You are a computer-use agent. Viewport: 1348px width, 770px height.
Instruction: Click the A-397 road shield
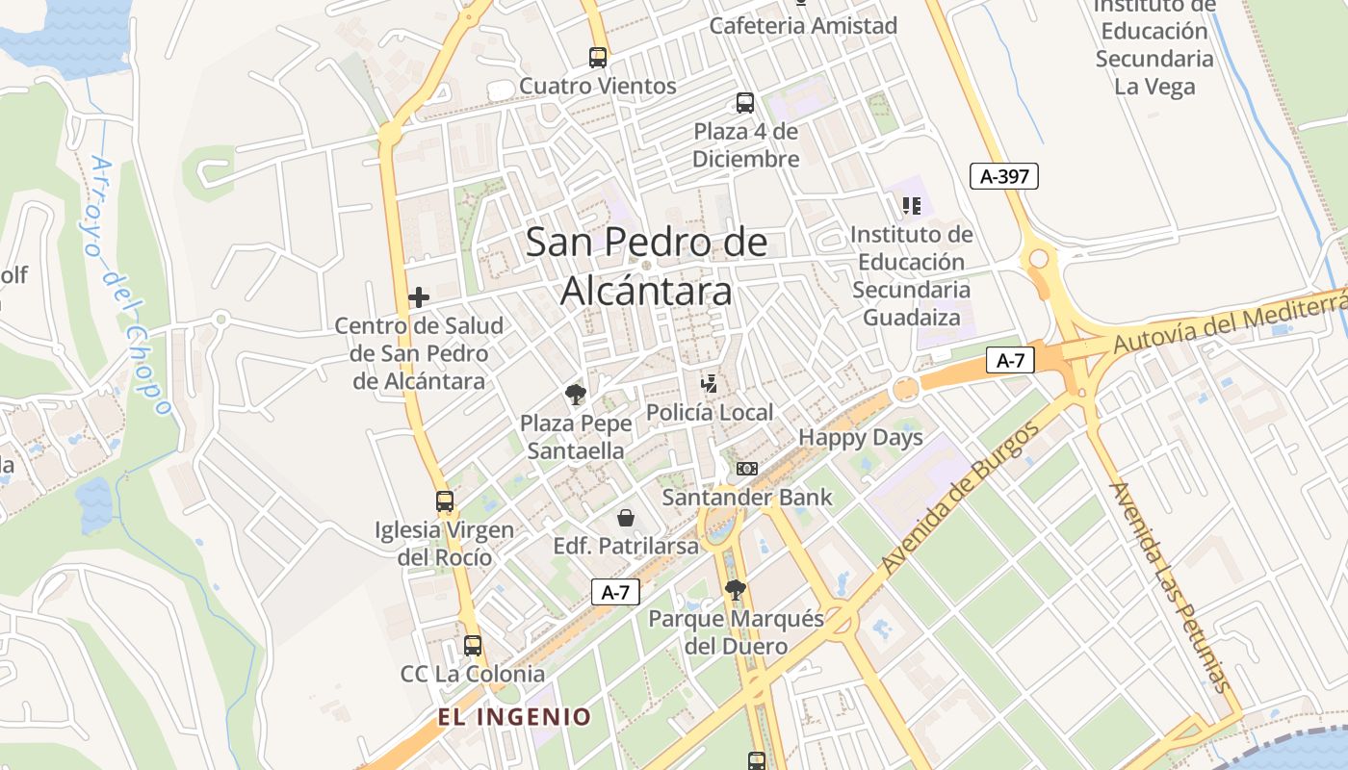coord(1003,176)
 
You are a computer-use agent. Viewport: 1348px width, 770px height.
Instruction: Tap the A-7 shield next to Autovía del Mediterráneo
coord(1009,361)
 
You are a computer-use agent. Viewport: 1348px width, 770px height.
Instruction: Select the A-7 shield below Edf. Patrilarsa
coord(615,592)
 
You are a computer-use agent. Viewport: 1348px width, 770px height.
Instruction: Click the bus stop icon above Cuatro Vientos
coord(598,57)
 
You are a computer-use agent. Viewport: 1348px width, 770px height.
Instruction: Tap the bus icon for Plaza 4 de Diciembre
coord(745,103)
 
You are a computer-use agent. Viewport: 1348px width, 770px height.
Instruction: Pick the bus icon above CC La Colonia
coord(473,645)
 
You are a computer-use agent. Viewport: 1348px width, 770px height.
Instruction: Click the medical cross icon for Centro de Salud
coord(419,297)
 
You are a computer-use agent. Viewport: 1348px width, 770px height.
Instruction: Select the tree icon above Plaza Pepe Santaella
coord(576,394)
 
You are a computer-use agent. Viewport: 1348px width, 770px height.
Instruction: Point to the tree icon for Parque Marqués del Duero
coord(736,589)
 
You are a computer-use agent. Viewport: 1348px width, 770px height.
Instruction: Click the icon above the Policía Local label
coord(710,384)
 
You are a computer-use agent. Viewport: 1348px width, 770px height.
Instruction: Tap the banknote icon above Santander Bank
coord(746,469)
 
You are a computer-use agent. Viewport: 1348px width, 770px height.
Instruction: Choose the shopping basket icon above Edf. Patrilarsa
coord(626,518)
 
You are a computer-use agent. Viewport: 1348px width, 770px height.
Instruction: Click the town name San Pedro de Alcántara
coord(646,266)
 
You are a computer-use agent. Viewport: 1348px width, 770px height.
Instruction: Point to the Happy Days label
coord(861,437)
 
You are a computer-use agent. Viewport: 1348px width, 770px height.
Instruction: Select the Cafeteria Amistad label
coord(803,25)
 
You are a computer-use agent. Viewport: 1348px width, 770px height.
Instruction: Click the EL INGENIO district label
coord(514,717)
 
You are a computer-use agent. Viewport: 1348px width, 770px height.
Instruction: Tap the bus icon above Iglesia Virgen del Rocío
coord(444,500)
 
